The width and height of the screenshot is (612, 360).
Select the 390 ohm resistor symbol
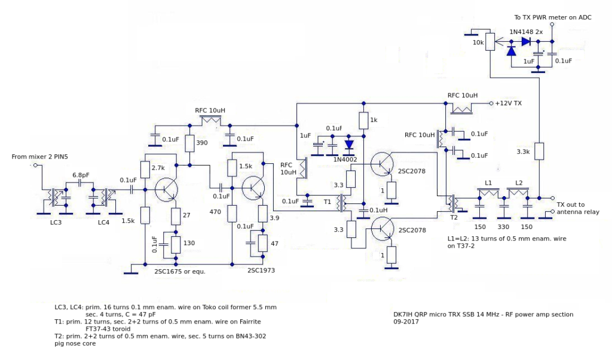pyautogui.click(x=189, y=144)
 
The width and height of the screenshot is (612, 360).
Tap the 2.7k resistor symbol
pyautogui.click(x=145, y=170)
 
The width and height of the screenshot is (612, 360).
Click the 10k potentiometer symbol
pyautogui.click(x=490, y=41)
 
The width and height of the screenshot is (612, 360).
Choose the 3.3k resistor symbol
pyautogui.click(x=539, y=151)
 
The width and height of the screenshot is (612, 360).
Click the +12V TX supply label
pyautogui.click(x=508, y=103)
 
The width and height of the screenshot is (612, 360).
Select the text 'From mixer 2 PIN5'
pyautogui.click(x=41, y=157)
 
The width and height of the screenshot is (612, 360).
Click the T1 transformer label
pyautogui.click(x=328, y=202)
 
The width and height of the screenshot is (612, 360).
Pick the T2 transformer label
pyautogui.click(x=456, y=217)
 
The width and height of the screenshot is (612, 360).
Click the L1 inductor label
pyautogui.click(x=488, y=182)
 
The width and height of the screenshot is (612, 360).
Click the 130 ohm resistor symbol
pyautogui.click(x=176, y=245)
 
